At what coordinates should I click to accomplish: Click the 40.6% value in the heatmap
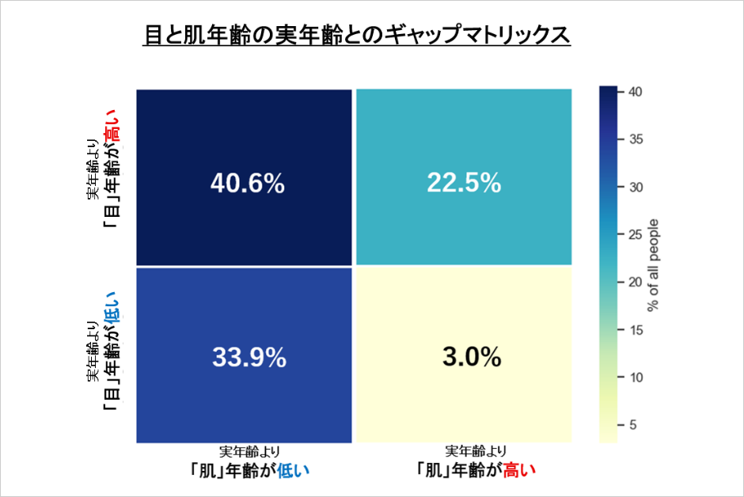pos(247,184)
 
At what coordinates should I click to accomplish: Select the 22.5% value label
pos(464,184)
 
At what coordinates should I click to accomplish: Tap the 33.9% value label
pos(249,358)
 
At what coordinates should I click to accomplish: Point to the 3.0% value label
pos(471,358)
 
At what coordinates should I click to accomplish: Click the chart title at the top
pos(356,36)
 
